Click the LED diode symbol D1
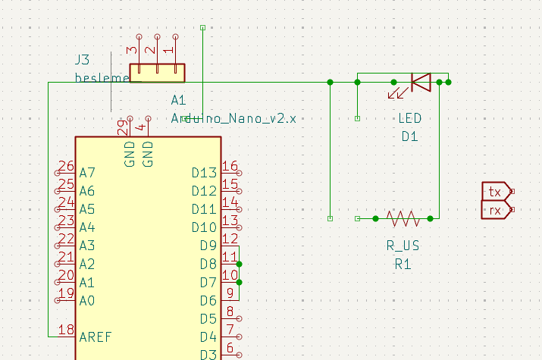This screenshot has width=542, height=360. pyautogui.click(x=419, y=82)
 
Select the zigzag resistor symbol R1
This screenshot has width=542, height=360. pyautogui.click(x=403, y=218)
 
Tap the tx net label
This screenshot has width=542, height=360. pyautogui.click(x=496, y=191)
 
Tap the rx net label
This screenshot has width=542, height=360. pyautogui.click(x=496, y=210)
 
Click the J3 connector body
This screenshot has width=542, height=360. pyautogui.click(x=158, y=73)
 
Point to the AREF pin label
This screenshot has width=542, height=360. pyautogui.click(x=95, y=337)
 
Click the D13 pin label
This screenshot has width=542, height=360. pyautogui.click(x=205, y=173)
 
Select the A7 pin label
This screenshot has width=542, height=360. pyautogui.click(x=87, y=173)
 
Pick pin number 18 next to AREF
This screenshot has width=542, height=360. pyautogui.click(x=66, y=330)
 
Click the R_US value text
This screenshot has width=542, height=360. pyautogui.click(x=403, y=246)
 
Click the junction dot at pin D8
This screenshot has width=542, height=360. pyautogui.click(x=240, y=264)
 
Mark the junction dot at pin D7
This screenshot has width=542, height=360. pyautogui.click(x=240, y=282)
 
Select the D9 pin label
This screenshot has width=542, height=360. pyautogui.click(x=208, y=246)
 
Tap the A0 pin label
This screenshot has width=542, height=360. pyautogui.click(x=87, y=300)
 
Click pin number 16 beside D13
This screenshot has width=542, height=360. pyautogui.click(x=230, y=166)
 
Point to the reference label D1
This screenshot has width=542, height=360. pyautogui.click(x=409, y=136)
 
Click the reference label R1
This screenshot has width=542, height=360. pyautogui.click(x=402, y=264)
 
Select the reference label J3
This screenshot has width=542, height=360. pyautogui.click(x=82, y=59)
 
